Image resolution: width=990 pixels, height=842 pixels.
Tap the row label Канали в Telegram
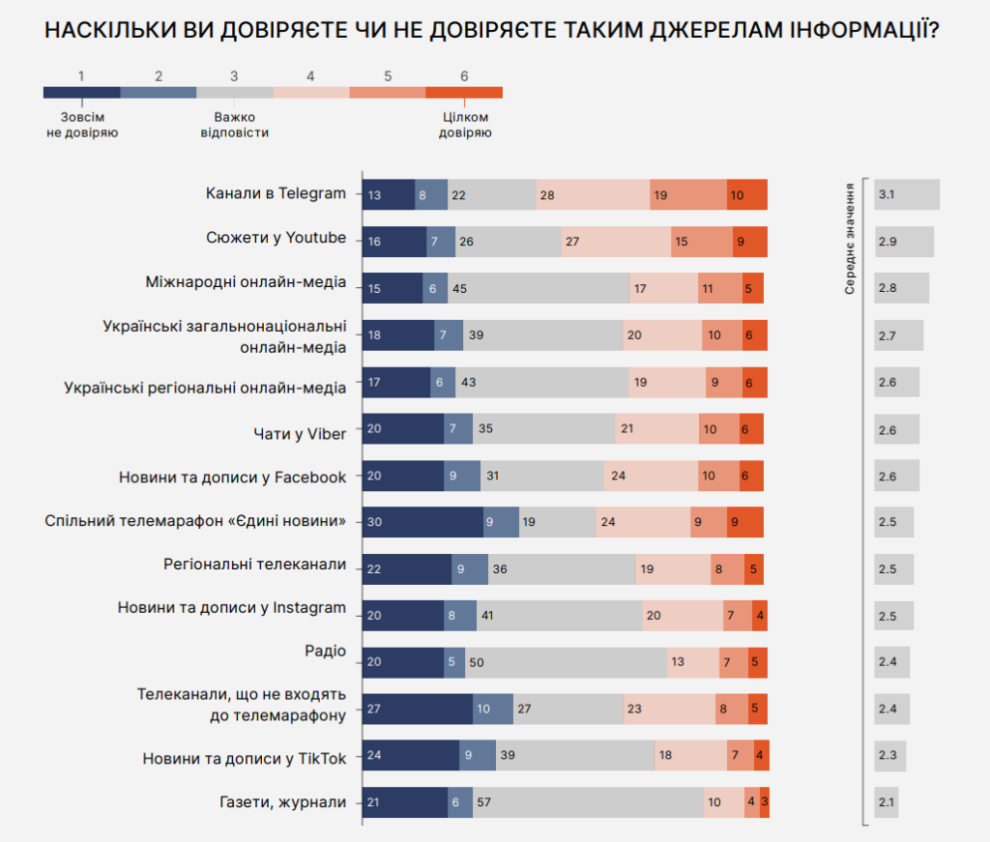pos(276,193)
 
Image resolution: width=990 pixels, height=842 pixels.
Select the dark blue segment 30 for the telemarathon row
pos(422,522)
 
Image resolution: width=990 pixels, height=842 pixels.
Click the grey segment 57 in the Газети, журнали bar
pos(588,802)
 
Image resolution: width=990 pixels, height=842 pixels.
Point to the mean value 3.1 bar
pos(906,194)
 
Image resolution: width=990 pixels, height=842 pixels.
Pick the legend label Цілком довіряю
pos(464,125)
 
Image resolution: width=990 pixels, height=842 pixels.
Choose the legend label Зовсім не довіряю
pos(82,125)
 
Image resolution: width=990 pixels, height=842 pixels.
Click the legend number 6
pos(464,75)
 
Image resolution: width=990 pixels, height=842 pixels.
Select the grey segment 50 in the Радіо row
pos(566,662)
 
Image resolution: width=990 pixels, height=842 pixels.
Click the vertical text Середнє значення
pos(849,238)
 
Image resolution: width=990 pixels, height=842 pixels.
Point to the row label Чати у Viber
pos(299,433)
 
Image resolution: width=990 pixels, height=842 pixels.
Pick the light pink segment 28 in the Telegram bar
pos(593,194)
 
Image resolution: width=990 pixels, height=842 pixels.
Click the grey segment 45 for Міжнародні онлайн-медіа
pos(539,288)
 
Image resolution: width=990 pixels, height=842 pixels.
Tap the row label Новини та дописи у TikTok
pos(244,759)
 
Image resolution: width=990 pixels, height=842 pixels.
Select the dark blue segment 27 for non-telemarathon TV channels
pos(418,709)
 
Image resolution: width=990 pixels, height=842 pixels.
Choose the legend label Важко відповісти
pos(234,125)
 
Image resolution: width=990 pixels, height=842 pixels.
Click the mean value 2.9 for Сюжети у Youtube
pos(903,242)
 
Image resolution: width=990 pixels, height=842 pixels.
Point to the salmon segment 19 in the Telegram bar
pos(687,194)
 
